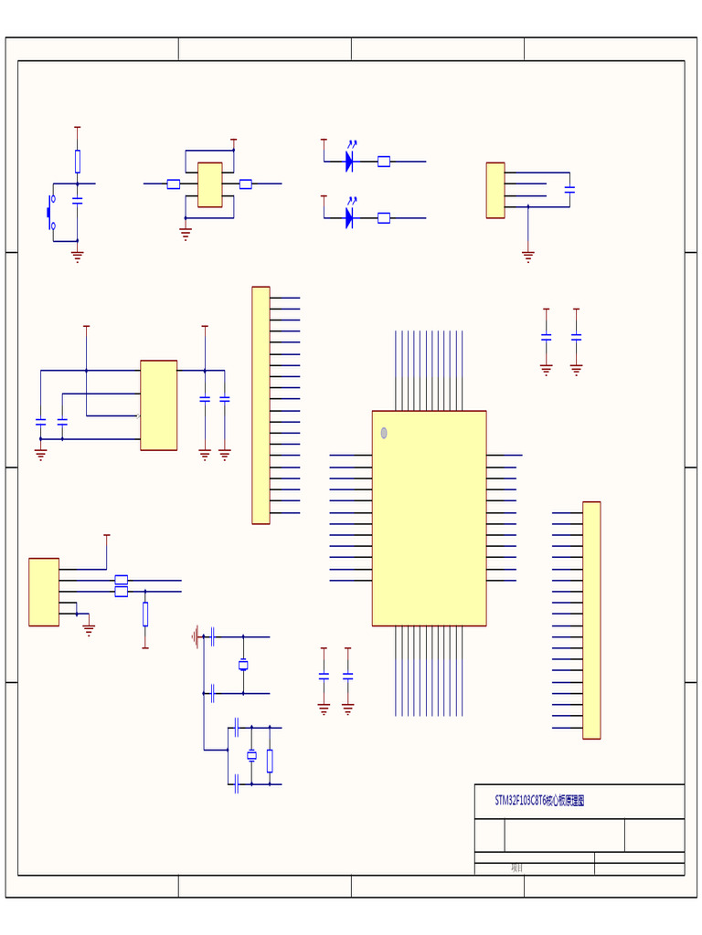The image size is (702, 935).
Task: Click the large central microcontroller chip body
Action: pos(429,518)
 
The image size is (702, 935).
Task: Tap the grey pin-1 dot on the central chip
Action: pos(384,433)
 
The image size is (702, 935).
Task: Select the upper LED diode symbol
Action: pos(349,162)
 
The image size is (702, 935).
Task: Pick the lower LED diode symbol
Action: pos(349,217)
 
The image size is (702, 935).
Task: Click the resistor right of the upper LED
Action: pos(384,162)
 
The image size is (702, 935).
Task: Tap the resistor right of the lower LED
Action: pos(384,218)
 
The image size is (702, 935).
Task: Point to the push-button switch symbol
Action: pos(51,212)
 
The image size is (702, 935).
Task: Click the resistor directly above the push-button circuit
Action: pos(78,162)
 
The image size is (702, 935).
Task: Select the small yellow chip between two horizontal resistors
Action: pos(209,184)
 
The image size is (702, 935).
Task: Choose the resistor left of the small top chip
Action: pos(174,184)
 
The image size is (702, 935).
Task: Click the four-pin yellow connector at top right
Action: pos(495,190)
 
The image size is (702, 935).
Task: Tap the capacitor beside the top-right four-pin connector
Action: pos(569,190)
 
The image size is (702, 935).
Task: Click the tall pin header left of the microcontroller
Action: pos(261,405)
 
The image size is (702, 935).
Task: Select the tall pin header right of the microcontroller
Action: pos(591,620)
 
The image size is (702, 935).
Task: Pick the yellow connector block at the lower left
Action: pos(44,592)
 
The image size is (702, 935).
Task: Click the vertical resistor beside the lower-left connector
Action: pos(145,614)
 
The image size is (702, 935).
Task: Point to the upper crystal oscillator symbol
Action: pos(243,665)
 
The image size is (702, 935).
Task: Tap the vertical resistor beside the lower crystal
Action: pos(270,760)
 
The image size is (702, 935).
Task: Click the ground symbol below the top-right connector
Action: pos(528,257)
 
